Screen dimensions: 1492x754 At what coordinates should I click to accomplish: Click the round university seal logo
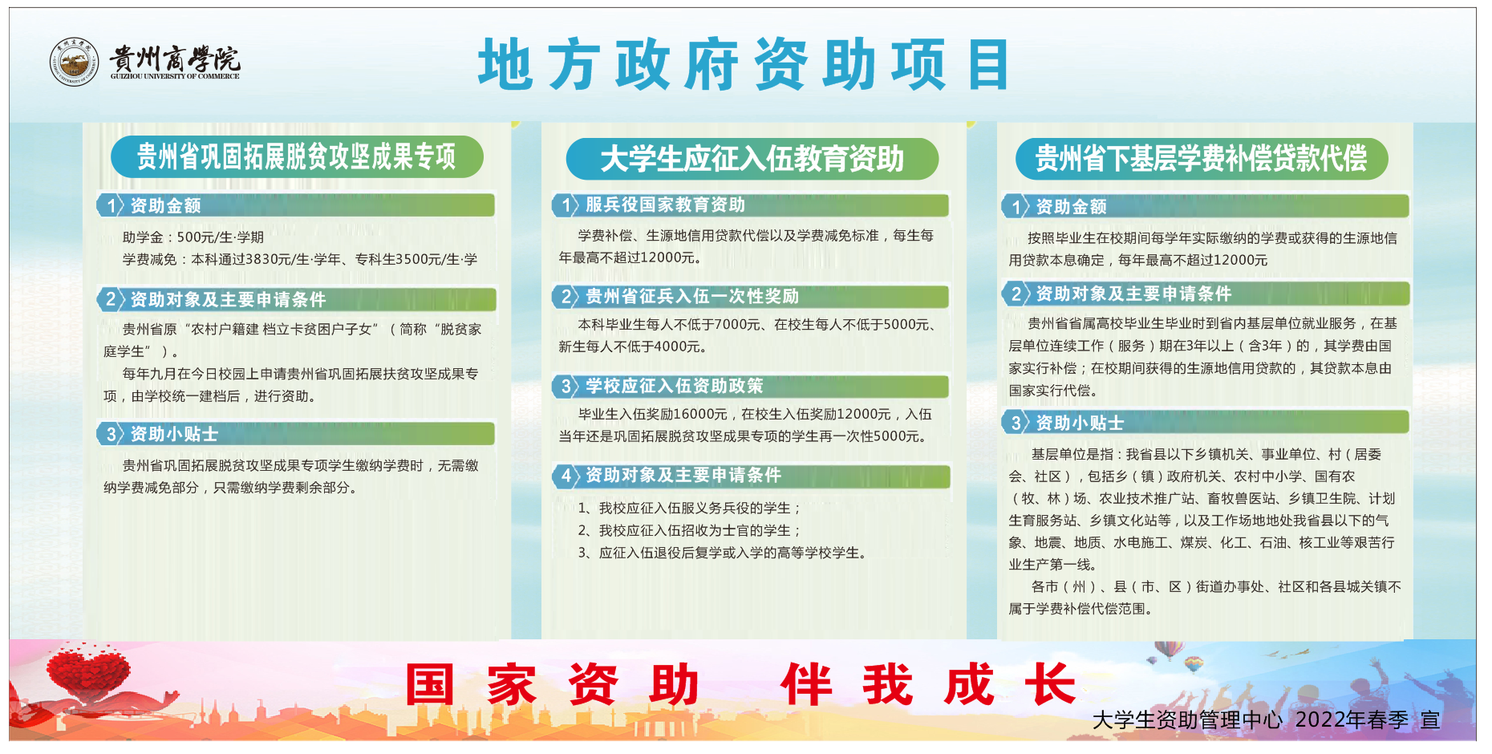[x=74, y=62]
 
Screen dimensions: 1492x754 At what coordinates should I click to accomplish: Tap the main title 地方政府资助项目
[x=744, y=64]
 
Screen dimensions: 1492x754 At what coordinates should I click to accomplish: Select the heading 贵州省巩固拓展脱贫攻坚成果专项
[x=296, y=156]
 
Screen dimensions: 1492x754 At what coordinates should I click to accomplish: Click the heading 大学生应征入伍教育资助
[x=752, y=159]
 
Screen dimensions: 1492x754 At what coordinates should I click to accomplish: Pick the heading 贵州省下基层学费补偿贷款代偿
[x=1201, y=158]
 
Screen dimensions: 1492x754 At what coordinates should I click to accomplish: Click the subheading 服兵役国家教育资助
[x=665, y=205]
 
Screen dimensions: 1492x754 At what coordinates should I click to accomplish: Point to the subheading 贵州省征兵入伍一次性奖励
[x=692, y=297]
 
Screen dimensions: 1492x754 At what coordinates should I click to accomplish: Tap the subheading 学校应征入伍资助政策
[x=674, y=387]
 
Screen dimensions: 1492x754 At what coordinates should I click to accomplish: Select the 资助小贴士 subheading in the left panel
[x=174, y=435]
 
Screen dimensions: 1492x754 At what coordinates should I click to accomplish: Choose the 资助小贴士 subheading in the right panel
[x=1080, y=424]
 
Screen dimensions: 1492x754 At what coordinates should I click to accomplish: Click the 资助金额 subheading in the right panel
[x=1071, y=207]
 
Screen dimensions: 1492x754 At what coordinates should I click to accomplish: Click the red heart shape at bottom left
[x=88, y=670]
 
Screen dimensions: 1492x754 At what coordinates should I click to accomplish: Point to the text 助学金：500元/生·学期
[x=193, y=237]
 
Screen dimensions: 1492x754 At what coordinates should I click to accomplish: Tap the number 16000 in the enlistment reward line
[x=699, y=415]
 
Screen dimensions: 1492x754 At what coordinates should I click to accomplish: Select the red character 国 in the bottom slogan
[x=430, y=684]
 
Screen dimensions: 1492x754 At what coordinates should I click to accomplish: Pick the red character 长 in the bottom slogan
[x=1050, y=684]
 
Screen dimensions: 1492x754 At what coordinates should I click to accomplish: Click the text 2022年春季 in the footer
[x=1352, y=720]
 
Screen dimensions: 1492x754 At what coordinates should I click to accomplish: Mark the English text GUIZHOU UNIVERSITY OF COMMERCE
[x=175, y=76]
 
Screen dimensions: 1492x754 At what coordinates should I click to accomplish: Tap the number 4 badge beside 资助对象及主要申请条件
[x=566, y=476]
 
